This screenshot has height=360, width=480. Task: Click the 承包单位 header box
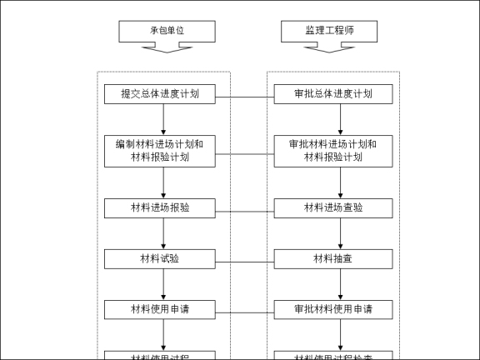click(167, 31)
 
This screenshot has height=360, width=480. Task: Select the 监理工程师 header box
click(329, 31)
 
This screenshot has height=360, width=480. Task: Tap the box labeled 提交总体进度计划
click(163, 94)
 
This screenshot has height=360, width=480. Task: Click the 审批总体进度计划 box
click(333, 94)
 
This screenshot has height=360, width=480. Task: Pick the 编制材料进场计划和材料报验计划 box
click(163, 151)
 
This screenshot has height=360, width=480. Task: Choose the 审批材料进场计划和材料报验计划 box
click(333, 151)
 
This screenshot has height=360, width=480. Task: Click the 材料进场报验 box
click(163, 207)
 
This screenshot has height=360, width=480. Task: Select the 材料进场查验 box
click(333, 207)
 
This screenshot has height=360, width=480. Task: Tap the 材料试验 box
click(163, 258)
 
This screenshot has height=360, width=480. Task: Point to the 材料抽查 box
click(333, 258)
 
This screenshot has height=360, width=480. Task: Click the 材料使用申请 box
click(163, 309)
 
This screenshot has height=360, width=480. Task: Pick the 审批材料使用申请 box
click(333, 309)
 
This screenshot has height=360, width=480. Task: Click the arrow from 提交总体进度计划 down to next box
click(163, 119)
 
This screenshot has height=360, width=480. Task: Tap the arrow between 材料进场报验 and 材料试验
click(163, 233)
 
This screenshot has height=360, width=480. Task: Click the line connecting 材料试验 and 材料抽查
click(246, 263)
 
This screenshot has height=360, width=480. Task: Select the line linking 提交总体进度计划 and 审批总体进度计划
click(246, 98)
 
